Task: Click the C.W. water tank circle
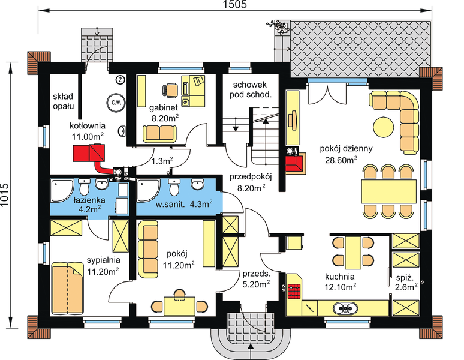114,102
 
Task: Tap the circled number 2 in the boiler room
120,79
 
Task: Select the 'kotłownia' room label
88,126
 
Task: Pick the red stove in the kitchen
294,291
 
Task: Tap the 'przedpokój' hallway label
251,177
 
